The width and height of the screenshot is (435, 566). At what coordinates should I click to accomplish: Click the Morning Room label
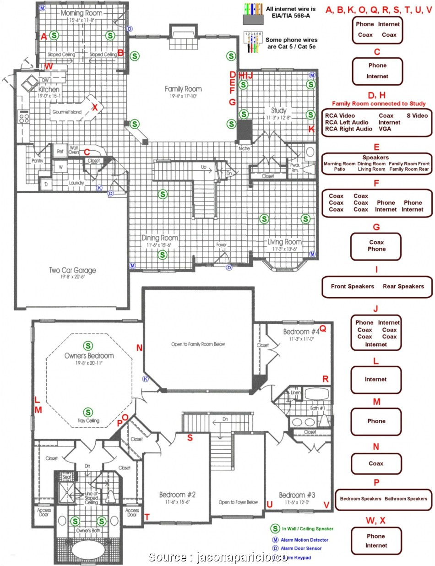click(x=81, y=13)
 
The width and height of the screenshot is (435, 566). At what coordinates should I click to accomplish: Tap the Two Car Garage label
click(x=73, y=270)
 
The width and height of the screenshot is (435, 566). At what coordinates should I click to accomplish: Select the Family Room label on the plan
click(x=183, y=89)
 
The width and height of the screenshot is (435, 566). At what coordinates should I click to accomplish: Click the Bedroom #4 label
click(x=301, y=332)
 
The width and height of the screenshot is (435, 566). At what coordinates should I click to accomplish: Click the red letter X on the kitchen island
click(x=95, y=107)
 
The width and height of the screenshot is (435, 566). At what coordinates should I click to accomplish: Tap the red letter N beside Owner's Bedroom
click(x=139, y=348)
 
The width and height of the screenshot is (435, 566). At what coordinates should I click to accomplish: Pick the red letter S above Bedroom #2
click(x=190, y=437)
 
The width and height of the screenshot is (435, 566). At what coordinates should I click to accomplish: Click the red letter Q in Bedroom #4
click(x=322, y=328)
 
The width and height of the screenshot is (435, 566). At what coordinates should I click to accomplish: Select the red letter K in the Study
click(x=311, y=129)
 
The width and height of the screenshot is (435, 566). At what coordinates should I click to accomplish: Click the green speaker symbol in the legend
click(x=275, y=528)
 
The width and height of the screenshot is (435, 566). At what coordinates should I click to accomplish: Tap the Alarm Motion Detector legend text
click(x=304, y=540)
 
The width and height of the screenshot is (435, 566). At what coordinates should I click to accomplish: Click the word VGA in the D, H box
click(x=385, y=129)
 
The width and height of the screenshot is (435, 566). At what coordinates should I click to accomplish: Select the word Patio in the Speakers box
click(x=339, y=169)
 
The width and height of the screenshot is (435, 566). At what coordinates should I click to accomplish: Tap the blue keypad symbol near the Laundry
click(x=99, y=187)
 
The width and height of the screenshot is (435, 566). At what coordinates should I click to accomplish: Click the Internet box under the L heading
click(x=376, y=379)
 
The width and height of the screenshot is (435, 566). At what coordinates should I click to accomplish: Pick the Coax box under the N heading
click(x=376, y=463)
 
